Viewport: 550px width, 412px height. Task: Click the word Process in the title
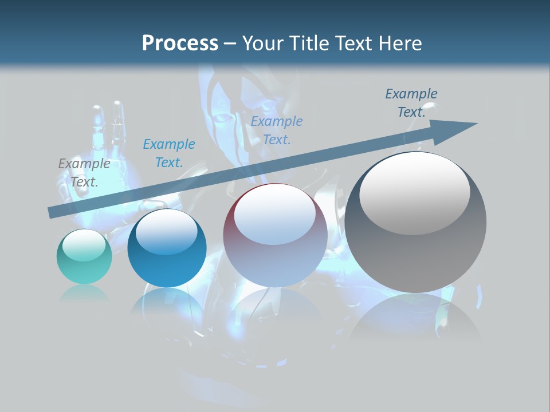click(180, 43)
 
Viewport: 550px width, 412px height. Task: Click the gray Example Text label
click(84, 173)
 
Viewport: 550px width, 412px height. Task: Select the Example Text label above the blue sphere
click(169, 153)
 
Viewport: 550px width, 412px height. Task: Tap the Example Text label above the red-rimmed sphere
click(277, 130)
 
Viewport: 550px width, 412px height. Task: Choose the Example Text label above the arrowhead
click(411, 103)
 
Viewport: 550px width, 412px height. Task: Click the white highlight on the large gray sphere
click(414, 192)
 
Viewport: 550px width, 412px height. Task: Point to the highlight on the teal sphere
click(84, 244)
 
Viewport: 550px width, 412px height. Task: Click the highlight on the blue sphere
click(166, 232)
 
